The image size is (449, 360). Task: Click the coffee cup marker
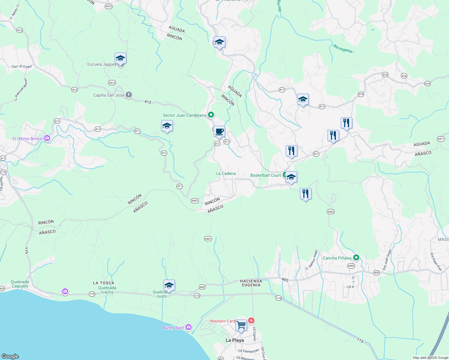219,131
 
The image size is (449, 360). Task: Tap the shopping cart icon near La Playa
241,325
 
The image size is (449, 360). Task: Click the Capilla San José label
109,95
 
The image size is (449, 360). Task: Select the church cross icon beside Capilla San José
129,95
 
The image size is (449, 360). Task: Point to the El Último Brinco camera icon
47,138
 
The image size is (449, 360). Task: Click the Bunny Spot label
173,328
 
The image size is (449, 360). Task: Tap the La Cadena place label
226,173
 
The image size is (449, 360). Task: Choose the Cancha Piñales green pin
356,257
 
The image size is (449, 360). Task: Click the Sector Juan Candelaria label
184,115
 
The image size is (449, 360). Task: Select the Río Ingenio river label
343,49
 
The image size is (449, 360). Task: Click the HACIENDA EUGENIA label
251,283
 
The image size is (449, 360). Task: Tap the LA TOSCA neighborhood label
104,283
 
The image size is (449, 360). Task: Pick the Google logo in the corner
10,356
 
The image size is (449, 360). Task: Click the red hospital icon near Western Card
251,321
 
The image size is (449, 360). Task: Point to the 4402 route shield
330,212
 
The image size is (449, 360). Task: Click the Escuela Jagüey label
102,64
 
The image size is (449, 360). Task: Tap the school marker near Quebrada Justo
169,286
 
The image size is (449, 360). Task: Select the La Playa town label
235,340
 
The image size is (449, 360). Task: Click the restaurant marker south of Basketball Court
306,194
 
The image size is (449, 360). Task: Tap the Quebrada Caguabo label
20,284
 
